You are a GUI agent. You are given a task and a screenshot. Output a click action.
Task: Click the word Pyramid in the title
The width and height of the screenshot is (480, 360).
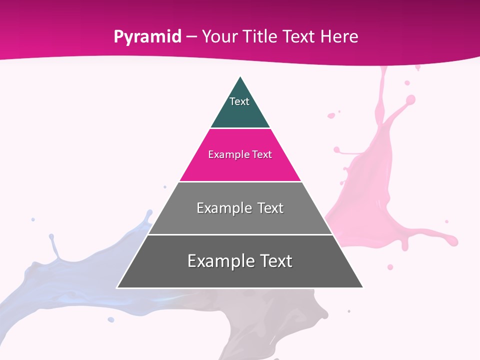tap(147, 37)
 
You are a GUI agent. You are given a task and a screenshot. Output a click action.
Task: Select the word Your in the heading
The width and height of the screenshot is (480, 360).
tap(218, 36)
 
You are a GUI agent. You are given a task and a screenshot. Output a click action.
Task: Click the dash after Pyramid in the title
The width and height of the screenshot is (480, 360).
tap(191, 37)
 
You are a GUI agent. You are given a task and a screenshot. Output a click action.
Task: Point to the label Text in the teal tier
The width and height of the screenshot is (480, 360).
tap(239, 101)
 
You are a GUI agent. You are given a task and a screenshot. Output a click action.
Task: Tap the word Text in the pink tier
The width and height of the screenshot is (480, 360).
tap(262, 154)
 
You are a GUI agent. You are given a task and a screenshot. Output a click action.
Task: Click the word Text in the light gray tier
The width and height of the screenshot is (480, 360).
tap(270, 208)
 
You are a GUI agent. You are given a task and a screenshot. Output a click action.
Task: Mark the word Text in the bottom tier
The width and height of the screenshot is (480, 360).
tap(276, 261)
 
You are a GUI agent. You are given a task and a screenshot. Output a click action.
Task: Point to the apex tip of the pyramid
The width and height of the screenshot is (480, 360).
tap(240, 77)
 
